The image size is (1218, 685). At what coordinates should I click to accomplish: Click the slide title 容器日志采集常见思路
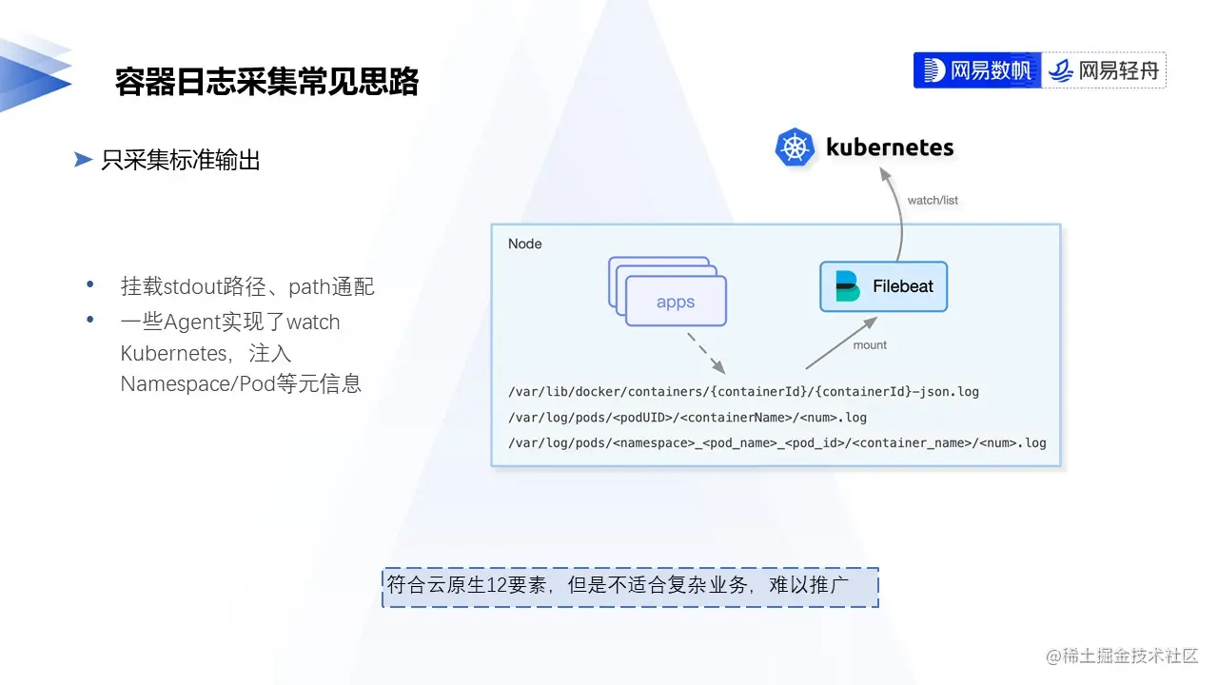267,82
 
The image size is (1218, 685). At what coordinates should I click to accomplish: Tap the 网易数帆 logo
977,70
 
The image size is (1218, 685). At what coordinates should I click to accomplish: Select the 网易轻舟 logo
1105,70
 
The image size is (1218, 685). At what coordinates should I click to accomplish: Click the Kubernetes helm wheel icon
795,148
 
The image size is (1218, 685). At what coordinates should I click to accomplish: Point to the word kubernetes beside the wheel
890,147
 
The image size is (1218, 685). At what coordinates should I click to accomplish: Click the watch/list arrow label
933,201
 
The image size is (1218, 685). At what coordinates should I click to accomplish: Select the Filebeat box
883,286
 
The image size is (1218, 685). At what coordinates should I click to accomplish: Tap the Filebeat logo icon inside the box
847,286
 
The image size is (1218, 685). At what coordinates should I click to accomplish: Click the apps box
676,302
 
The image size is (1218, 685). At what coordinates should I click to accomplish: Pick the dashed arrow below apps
705,352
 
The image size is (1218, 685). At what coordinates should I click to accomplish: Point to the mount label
870,345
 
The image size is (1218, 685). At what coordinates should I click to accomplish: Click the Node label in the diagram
524,244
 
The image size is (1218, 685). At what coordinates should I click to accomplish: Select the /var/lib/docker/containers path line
744,391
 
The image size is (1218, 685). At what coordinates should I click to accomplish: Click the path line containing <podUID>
688,417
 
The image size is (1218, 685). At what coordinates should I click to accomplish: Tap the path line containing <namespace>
777,442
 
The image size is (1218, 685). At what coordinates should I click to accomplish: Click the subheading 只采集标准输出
181,161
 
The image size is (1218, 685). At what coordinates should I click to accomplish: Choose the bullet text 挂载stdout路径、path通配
247,286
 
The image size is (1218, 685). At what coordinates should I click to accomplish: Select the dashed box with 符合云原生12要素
630,587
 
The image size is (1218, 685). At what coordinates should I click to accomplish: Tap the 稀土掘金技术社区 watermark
1123,656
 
